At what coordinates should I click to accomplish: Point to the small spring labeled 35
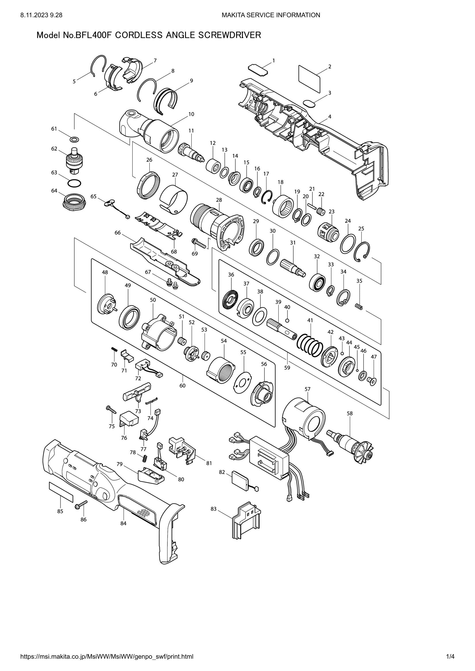[x=359, y=307]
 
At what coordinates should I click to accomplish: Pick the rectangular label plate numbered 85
[x=61, y=492]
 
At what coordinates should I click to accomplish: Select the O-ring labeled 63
[x=74, y=183]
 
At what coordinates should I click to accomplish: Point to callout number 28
[x=219, y=200]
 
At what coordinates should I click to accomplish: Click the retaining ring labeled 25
[x=362, y=251]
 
